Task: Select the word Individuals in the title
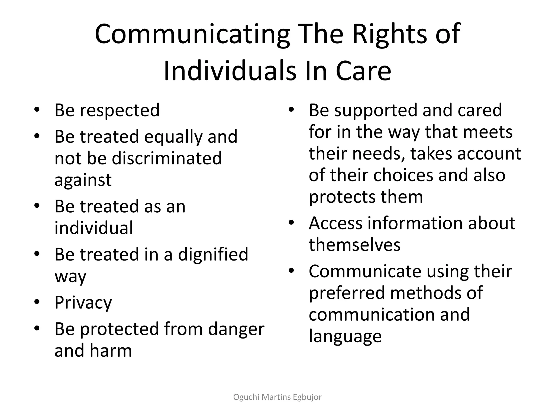pos(230,71)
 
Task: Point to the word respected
pos(120,110)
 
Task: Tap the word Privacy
pos(83,303)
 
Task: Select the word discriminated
pos(167,158)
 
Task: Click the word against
pos(83,180)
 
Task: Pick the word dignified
pos(213,254)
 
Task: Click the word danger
pos(236,329)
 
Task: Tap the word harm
pos(111,350)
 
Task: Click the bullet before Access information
pos(291,223)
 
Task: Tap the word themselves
pos(354,245)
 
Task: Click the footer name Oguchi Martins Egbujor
pos(277,397)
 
